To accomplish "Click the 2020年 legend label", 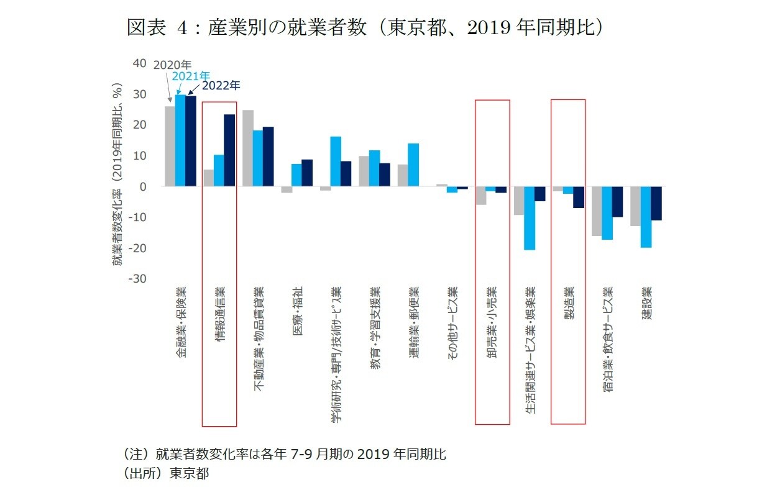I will tap(172, 65).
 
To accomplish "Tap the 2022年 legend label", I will tap(221, 86).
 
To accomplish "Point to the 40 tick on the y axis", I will tap(139, 63).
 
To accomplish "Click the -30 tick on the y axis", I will tap(137, 279).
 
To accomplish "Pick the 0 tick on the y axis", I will tap(142, 186).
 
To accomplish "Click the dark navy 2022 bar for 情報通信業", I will tap(229, 150).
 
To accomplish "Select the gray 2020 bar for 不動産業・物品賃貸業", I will tap(247, 148).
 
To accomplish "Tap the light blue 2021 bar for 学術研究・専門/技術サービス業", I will tap(336, 161).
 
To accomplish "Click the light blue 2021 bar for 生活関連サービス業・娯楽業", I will tap(530, 218).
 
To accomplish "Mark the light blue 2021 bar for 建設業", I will tap(646, 217).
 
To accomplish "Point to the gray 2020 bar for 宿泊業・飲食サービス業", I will tap(597, 211).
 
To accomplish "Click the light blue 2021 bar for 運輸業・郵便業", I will tap(413, 165).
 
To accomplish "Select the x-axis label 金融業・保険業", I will tap(180, 322).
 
